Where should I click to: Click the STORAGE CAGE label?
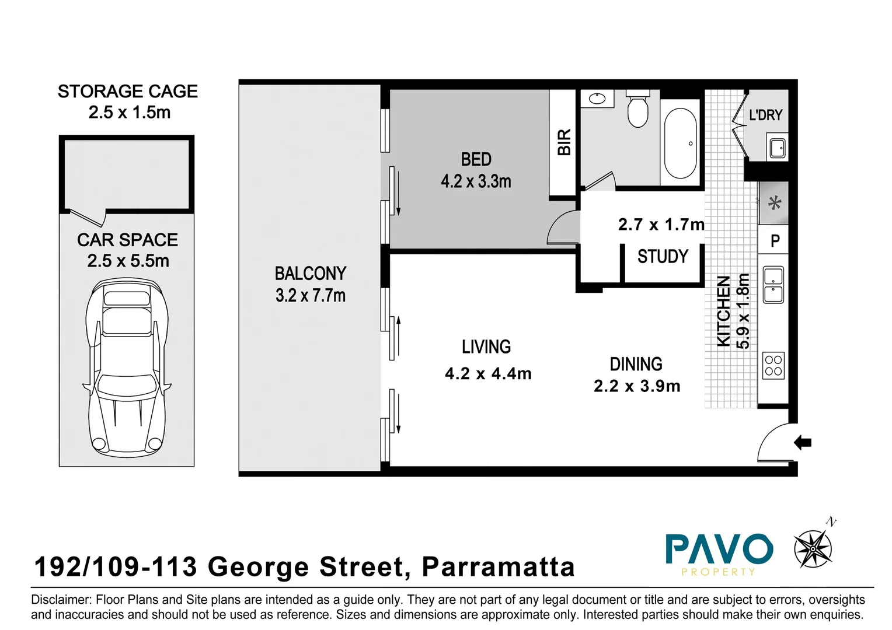[x=127, y=92]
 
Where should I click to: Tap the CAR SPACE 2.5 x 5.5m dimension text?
[x=128, y=261]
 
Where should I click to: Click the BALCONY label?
[x=310, y=274]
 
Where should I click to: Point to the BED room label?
[x=476, y=159]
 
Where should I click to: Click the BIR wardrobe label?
[x=564, y=142]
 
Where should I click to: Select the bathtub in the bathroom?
[x=680, y=143]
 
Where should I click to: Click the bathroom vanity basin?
[x=597, y=99]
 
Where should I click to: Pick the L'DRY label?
[x=765, y=115]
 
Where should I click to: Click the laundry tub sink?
[x=777, y=147]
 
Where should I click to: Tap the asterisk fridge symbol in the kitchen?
[x=774, y=204]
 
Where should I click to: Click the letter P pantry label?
[x=775, y=241]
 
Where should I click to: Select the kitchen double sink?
[x=773, y=285]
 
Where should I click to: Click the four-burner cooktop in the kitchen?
[x=773, y=366]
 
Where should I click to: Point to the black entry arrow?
[x=803, y=443]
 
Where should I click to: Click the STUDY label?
[x=663, y=257]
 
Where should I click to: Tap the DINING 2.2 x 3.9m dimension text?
[x=637, y=386]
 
